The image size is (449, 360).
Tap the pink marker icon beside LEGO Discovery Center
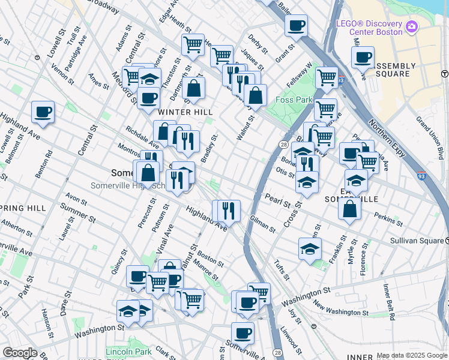pos(411,26)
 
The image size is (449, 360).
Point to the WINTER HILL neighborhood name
pos(185,112)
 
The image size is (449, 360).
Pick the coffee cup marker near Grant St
pos(296,26)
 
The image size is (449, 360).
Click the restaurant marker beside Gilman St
pos(229,210)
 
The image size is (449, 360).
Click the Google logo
pos(19,353)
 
